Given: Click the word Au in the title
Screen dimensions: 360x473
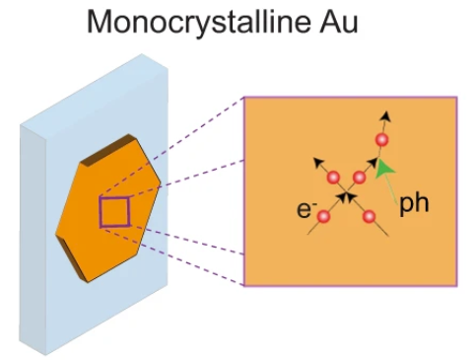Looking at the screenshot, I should click(333, 22).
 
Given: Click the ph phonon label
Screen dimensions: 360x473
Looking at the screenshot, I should click(413, 202).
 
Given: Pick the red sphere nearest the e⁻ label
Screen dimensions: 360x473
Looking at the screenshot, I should click(321, 217).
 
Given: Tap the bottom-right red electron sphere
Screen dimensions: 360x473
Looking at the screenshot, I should click(369, 216).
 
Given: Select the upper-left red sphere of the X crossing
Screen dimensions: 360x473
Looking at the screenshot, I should click(333, 178).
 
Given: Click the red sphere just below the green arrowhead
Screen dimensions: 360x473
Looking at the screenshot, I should click(360, 178).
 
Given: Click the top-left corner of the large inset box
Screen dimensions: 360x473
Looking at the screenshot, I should click(243, 98).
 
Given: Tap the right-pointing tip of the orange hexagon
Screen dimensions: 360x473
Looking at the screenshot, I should click(162, 183).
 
